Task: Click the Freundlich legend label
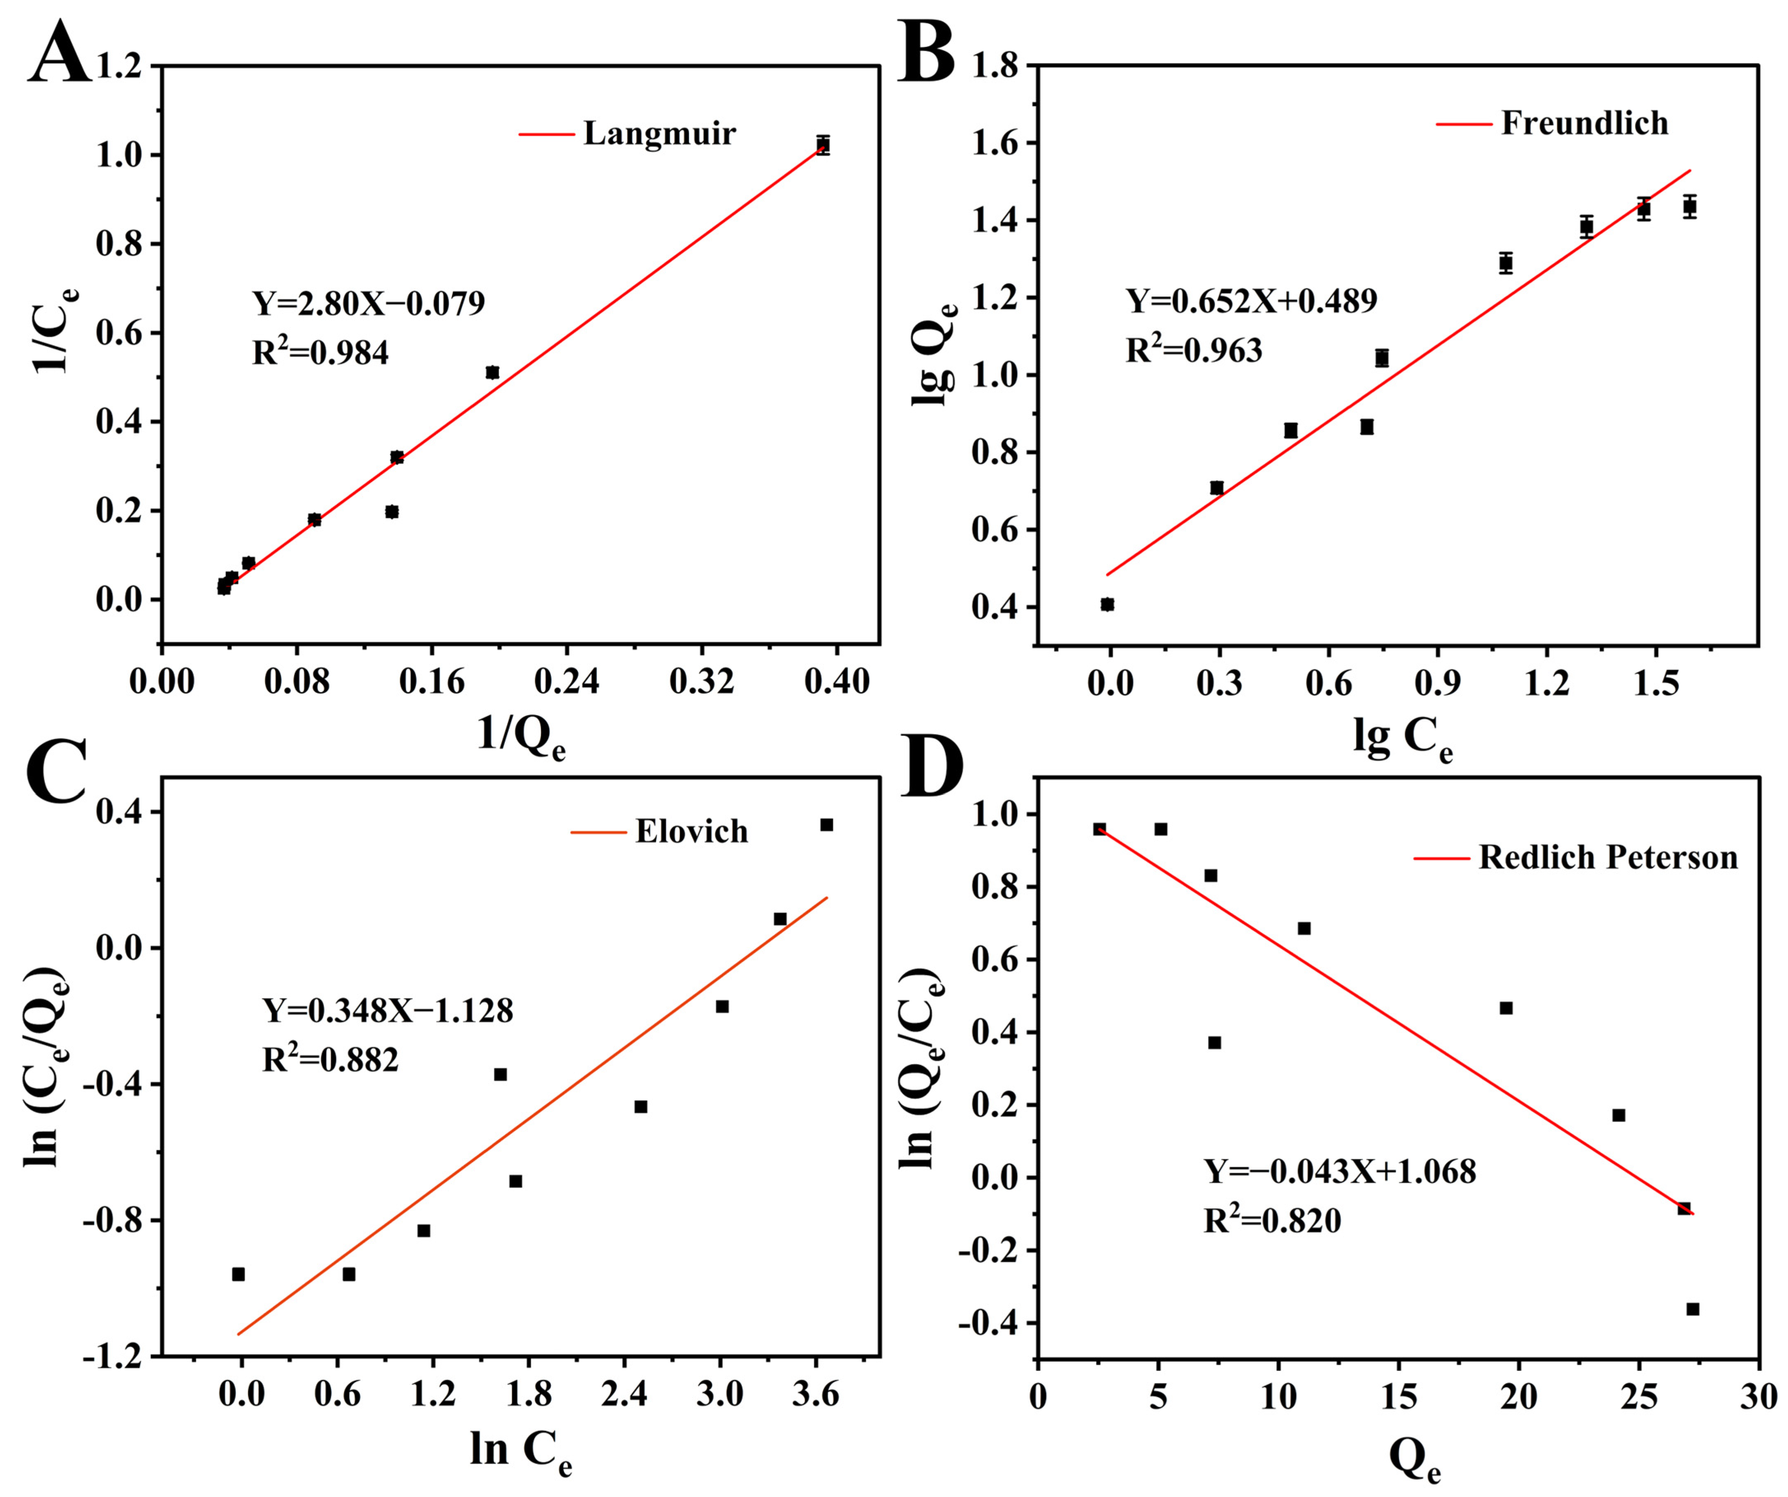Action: [1584, 123]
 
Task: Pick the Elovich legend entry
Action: [691, 831]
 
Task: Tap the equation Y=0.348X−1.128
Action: [387, 1011]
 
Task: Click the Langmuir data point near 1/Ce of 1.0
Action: [823, 145]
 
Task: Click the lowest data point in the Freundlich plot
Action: [1107, 605]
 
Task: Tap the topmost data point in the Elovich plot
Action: [826, 824]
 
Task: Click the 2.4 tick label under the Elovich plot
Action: [624, 1394]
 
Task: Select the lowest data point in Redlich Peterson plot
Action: [1693, 1309]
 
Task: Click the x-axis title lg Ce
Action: [1402, 738]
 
